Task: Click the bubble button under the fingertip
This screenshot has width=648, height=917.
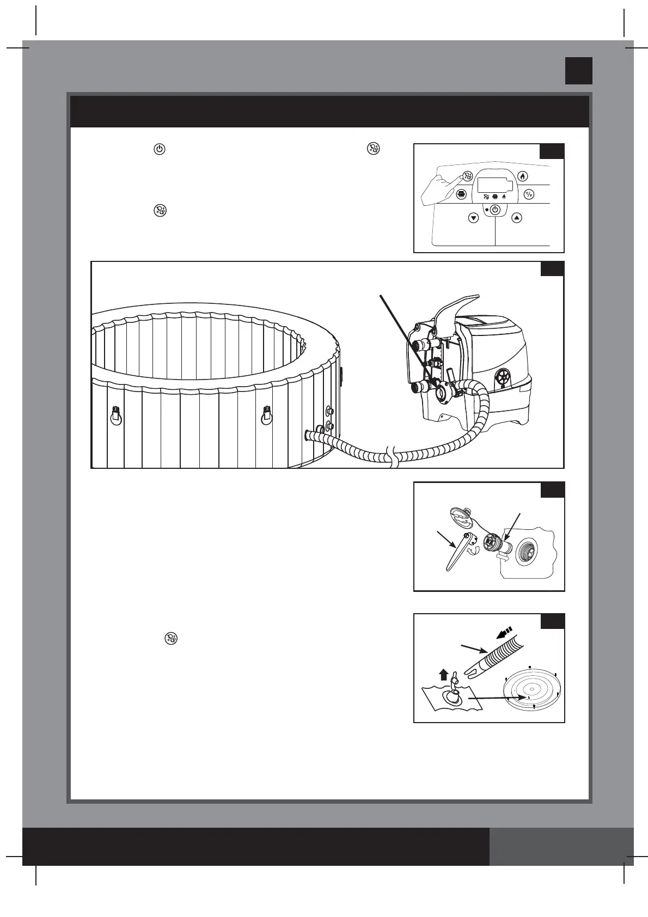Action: (467, 176)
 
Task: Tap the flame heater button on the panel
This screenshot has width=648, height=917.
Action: (522, 176)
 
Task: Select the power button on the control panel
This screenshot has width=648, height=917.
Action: (495, 210)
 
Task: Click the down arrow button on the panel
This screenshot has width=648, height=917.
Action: (473, 218)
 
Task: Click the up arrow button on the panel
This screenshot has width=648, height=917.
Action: (517, 218)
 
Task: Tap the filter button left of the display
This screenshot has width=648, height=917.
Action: (461, 194)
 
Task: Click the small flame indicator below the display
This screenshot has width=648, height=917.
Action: (504, 196)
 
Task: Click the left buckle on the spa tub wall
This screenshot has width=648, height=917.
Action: (115, 415)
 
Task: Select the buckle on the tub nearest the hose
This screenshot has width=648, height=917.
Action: (266, 415)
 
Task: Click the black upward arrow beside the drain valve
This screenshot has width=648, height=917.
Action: (443, 675)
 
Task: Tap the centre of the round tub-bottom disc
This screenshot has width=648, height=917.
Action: (532, 689)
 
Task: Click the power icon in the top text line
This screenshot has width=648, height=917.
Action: (159, 149)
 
